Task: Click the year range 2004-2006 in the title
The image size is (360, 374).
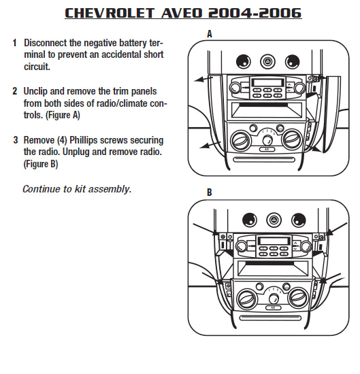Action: [x=261, y=14]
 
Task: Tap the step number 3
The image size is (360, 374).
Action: [x=14, y=140]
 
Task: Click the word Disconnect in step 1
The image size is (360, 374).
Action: [x=50, y=43]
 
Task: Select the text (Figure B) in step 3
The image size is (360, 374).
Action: [x=41, y=165]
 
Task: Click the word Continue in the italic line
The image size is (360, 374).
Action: [x=42, y=189]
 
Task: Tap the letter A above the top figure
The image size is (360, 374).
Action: [x=209, y=33]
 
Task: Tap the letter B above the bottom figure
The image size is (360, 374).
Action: [x=209, y=193]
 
